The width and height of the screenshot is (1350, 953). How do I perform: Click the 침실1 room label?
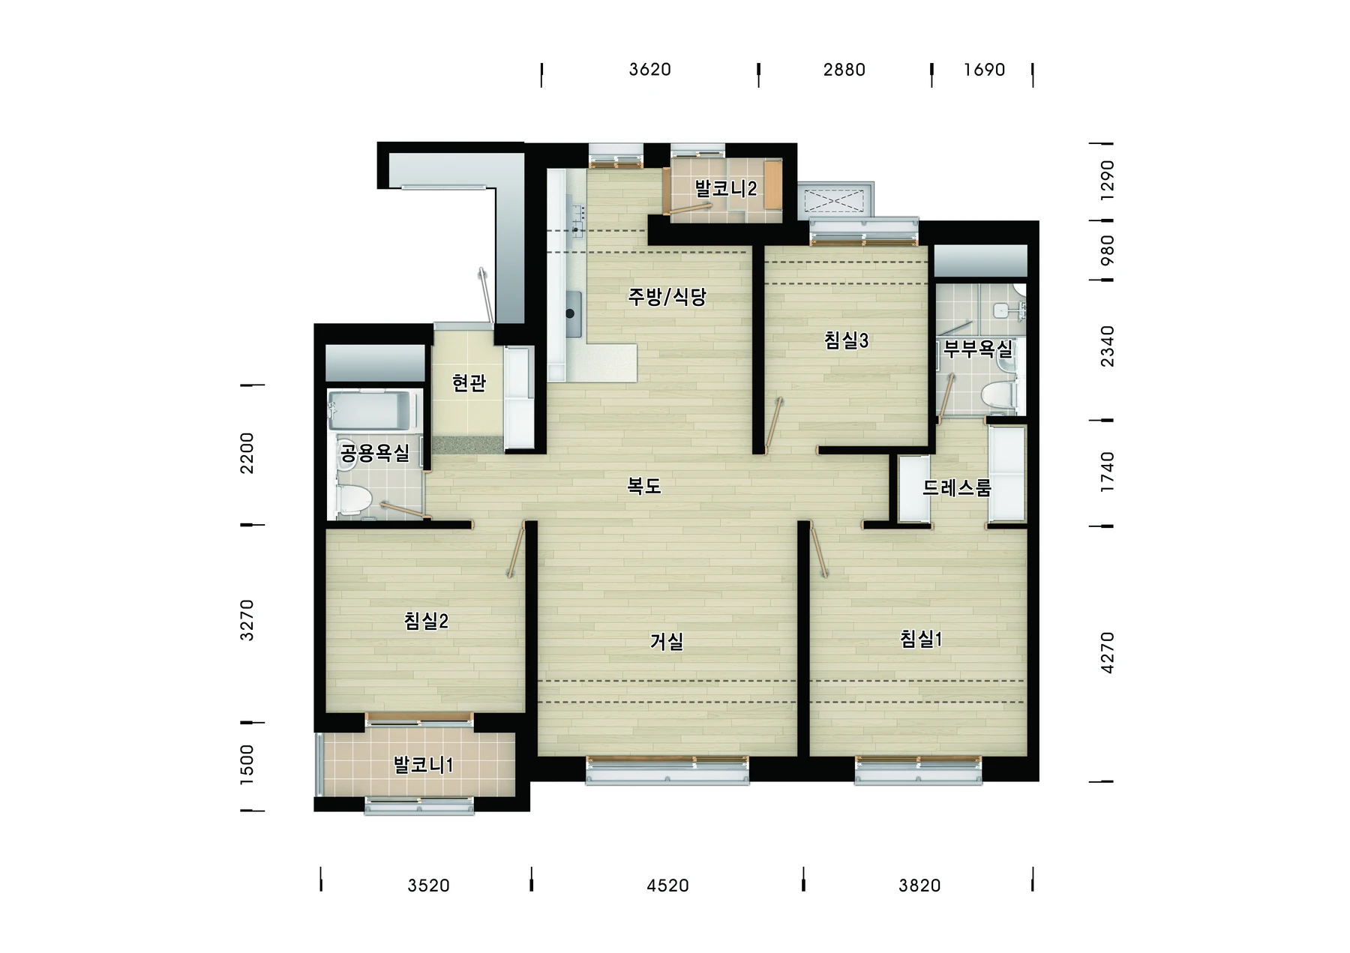(920, 639)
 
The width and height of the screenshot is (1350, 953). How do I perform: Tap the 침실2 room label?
(426, 621)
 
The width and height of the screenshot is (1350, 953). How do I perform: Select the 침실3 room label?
(846, 340)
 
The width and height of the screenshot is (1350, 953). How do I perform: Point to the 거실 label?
(667, 641)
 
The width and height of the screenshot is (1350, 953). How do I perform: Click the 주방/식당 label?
(667, 297)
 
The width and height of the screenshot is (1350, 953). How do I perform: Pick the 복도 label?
(644, 486)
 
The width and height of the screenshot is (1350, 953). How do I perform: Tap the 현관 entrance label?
(469, 383)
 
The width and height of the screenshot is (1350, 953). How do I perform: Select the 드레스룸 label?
(957, 487)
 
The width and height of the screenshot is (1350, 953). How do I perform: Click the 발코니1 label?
(423, 765)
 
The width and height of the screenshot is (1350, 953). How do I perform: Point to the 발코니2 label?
(725, 188)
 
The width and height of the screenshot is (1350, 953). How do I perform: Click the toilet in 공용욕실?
(354, 499)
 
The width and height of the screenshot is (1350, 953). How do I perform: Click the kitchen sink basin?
(573, 314)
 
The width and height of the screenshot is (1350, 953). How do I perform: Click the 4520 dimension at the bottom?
(667, 886)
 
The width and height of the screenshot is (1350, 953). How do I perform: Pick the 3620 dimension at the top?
(649, 70)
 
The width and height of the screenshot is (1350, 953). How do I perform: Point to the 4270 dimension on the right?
(1107, 653)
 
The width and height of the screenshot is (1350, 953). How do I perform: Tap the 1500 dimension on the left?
(247, 765)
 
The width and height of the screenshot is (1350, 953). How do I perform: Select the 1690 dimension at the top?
(984, 70)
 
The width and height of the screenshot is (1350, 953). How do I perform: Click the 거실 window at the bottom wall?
(667, 769)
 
